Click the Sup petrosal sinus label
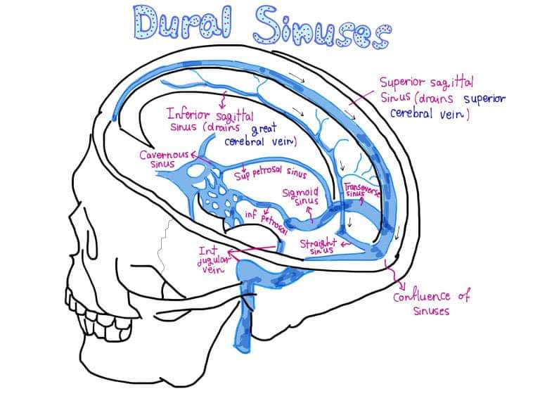274,172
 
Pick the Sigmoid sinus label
300,196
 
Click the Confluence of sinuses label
430,302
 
